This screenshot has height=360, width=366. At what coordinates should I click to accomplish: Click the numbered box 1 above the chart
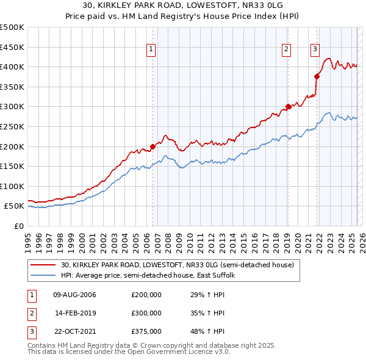click(151, 51)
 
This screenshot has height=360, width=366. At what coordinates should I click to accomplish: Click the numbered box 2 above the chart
click(286, 51)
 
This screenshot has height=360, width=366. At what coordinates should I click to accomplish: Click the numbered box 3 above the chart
click(315, 51)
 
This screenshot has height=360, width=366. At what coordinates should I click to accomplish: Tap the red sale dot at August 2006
click(152, 146)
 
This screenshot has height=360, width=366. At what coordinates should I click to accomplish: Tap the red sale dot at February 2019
click(288, 106)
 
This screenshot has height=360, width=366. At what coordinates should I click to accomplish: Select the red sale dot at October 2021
click(317, 76)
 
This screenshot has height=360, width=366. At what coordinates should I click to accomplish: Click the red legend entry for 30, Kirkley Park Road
click(178, 265)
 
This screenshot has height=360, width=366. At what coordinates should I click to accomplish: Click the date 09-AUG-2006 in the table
click(75, 295)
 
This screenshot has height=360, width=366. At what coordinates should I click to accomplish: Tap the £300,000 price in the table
click(146, 313)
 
